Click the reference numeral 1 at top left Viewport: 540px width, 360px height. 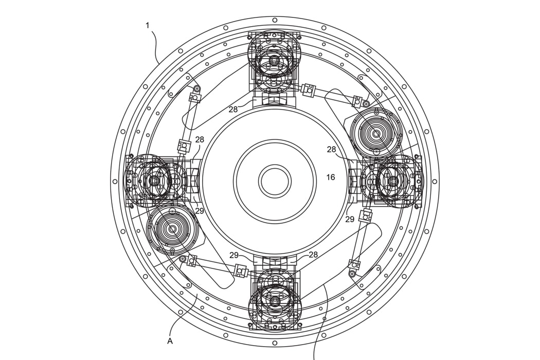148,25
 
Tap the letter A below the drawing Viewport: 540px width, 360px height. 170,340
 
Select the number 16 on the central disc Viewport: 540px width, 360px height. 330,177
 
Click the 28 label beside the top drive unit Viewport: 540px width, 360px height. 233,109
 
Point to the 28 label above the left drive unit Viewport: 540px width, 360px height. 200,139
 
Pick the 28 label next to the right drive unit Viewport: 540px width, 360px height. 331,149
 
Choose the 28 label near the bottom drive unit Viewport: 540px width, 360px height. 313,255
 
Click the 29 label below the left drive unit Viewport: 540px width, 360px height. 200,210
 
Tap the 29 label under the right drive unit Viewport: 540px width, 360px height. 350,219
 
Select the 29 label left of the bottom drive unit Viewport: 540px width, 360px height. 234,255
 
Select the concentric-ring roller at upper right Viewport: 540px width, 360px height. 376,134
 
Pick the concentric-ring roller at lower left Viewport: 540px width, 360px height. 173,229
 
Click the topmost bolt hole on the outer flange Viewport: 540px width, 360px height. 275,20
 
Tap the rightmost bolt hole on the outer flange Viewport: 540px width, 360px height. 435,181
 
